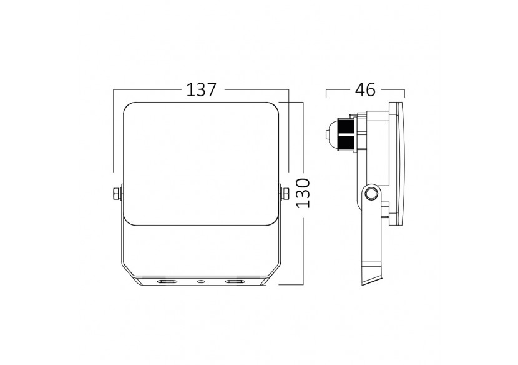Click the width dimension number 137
click(x=201, y=89)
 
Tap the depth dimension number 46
click(x=366, y=89)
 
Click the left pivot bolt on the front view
click(x=116, y=194)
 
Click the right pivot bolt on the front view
click(x=284, y=194)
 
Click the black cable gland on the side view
click(x=343, y=133)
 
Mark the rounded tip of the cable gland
click(x=327, y=133)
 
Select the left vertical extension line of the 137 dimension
click(x=113, y=131)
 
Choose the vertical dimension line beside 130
click(x=302, y=194)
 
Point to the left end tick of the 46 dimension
click(x=327, y=92)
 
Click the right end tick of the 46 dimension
click(x=404, y=92)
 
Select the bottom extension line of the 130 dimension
click(x=291, y=285)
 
